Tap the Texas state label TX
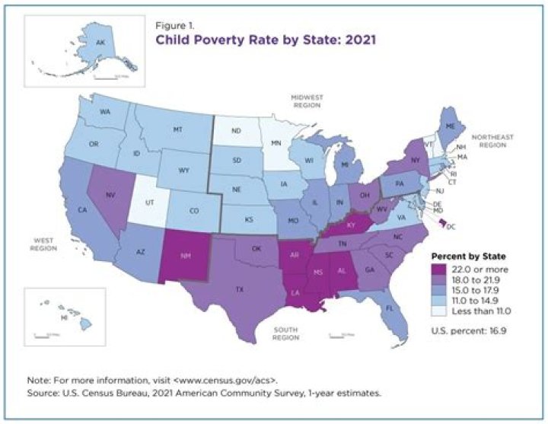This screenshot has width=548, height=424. (240, 290)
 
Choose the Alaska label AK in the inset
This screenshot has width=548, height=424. (99, 43)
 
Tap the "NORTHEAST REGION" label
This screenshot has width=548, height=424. (492, 142)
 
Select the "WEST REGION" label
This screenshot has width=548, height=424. (45, 244)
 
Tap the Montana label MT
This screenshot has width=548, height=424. (178, 130)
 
